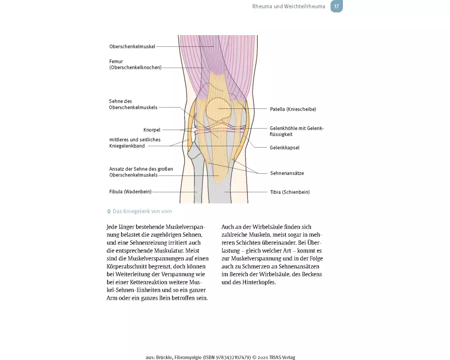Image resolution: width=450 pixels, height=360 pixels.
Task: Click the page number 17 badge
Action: [x=336, y=6]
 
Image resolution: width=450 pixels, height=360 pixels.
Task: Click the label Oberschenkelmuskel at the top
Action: [x=132, y=46]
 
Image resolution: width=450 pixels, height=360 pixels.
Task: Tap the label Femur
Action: [x=116, y=61]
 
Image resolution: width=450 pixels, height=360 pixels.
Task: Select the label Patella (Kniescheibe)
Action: [x=293, y=109]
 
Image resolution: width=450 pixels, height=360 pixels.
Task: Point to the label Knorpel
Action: [x=152, y=130]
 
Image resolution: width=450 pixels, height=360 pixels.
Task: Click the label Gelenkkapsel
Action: [x=284, y=148]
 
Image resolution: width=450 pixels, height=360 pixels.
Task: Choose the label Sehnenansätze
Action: [x=287, y=173]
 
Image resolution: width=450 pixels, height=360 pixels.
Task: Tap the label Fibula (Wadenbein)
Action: [x=130, y=192]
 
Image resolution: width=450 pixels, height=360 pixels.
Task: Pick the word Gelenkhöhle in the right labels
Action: [x=283, y=128]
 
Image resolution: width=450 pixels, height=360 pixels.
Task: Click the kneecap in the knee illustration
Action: [x=219, y=109]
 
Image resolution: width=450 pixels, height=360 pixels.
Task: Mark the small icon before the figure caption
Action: [x=109, y=211]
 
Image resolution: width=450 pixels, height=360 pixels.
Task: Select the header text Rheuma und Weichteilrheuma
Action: [x=289, y=6]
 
